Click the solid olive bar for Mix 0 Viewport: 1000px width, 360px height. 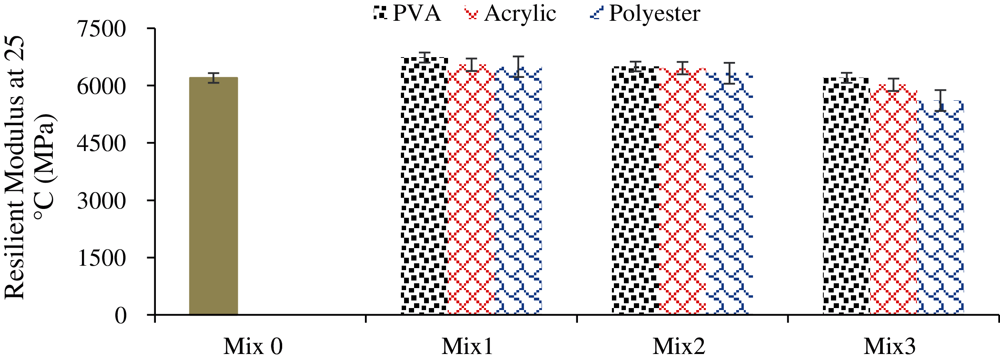coord(213,196)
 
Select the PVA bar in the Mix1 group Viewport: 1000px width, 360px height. coord(424,186)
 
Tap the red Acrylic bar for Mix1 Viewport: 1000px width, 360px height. coord(472,190)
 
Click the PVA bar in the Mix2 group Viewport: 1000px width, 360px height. coord(635,191)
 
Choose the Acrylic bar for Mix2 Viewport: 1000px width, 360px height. coord(682,191)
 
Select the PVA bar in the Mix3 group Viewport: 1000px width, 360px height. coord(846,196)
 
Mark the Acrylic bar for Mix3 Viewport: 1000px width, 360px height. coord(893,200)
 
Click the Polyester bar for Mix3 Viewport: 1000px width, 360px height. coord(940,207)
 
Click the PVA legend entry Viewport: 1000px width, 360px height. coord(408,13)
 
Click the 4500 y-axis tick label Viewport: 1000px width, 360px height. coord(101,143)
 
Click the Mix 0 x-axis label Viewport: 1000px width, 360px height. coord(253,346)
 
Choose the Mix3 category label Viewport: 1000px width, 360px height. coord(890,346)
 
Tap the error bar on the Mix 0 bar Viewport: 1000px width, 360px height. coord(213,78)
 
